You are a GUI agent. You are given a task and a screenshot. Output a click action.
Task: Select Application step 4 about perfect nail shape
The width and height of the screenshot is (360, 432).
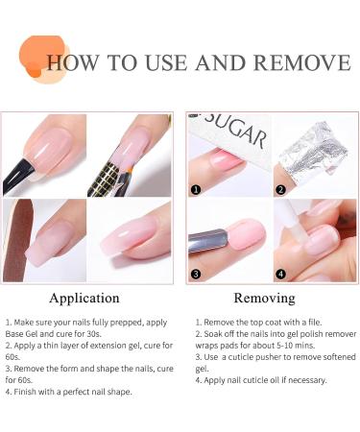(x=69, y=391)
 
